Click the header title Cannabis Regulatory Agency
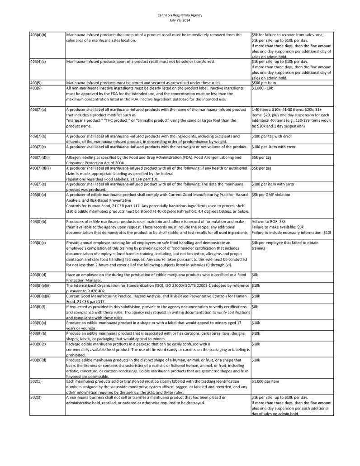coord(180,15)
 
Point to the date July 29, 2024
coord(180,20)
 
